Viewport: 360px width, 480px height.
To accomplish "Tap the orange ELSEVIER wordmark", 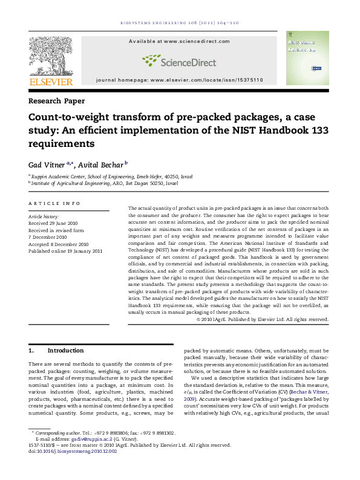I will tap(51, 82).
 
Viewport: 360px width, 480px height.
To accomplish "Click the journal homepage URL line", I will tap(179, 80).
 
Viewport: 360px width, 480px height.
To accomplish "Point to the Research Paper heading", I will tap(57, 101).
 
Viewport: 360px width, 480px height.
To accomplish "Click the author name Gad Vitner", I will tap(50, 164).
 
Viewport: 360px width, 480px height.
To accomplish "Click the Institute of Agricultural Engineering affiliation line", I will tap(105, 183).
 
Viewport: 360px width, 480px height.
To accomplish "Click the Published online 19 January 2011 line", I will tap(66, 251).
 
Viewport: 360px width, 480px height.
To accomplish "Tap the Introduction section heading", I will tap(65, 351).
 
